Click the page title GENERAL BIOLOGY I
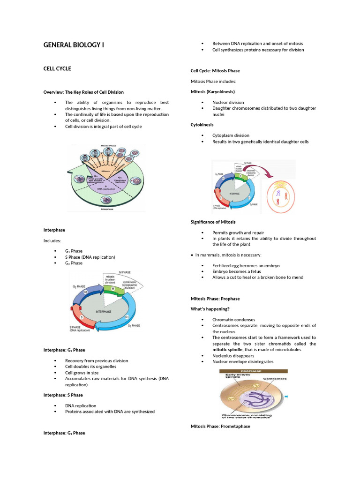pyautogui.click(x=73, y=45)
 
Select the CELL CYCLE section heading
pyautogui.click(x=57, y=68)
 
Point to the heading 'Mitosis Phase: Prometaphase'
pyautogui.click(x=220, y=426)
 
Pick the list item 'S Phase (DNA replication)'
pyautogui.click(x=90, y=257)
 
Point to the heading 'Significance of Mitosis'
pyautogui.click(x=213, y=222)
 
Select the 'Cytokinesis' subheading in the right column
pyautogui.click(x=202, y=125)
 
